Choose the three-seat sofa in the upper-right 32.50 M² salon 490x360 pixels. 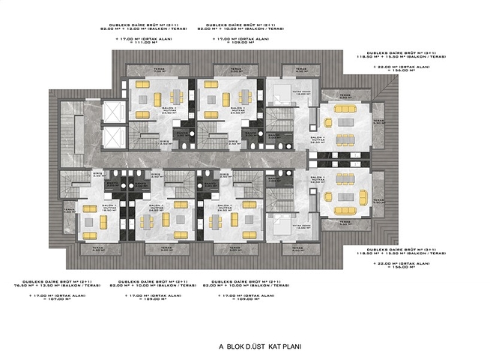[345, 140]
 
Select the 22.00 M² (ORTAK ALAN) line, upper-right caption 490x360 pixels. [402, 67]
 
